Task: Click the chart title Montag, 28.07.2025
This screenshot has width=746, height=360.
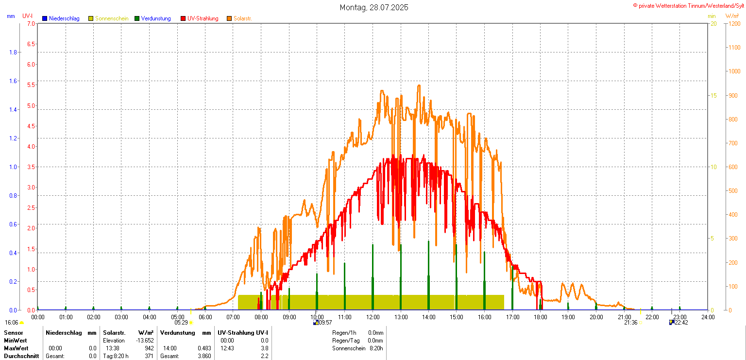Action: pyautogui.click(x=373, y=7)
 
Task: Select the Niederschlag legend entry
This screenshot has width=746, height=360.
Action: pyautogui.click(x=61, y=18)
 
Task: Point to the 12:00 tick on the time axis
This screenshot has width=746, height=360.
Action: pyautogui.click(x=373, y=317)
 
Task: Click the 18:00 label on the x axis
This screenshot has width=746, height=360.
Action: pyautogui.click(x=540, y=317)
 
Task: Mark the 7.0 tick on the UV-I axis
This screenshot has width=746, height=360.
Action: pyautogui.click(x=31, y=23)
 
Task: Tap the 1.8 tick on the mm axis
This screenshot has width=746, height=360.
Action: pyautogui.click(x=13, y=52)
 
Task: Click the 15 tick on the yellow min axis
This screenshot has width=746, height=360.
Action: pyautogui.click(x=713, y=95)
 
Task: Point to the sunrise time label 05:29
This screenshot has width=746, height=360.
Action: pyautogui.click(x=181, y=323)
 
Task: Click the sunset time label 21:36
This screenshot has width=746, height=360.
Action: pyautogui.click(x=630, y=323)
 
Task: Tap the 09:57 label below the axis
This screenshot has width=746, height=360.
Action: pyautogui.click(x=324, y=323)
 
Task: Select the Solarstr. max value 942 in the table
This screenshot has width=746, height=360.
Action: pyautogui.click(x=149, y=348)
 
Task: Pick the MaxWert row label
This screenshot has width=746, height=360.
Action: pyautogui.click(x=16, y=348)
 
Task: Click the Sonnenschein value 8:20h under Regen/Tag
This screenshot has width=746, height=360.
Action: pyautogui.click(x=375, y=348)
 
